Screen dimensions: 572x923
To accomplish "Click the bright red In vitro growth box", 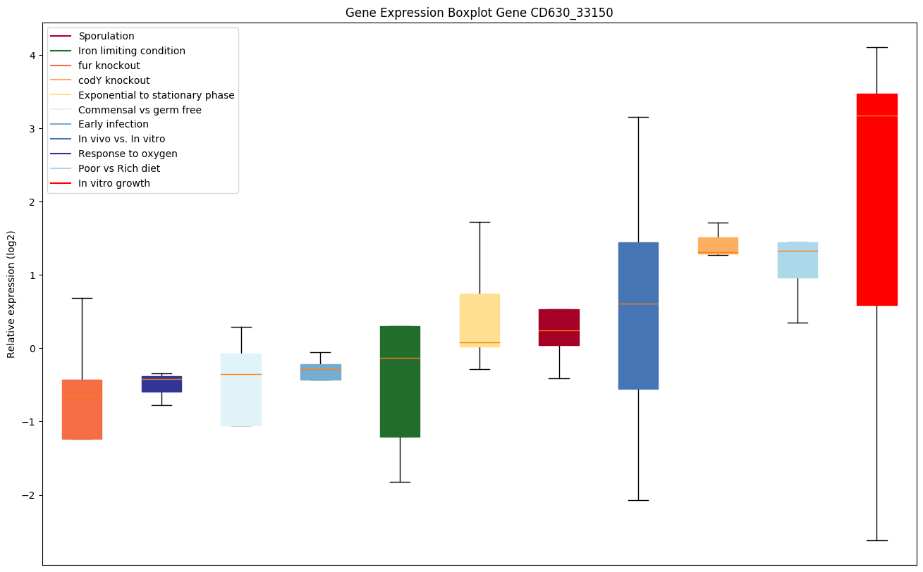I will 876,199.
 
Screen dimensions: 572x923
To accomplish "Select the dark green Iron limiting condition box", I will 400,381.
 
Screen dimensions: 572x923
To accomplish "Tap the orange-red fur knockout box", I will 82,409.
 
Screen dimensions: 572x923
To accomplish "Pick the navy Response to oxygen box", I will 161,384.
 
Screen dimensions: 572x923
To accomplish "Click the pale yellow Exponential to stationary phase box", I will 479,320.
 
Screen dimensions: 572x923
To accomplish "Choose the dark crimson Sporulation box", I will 559,327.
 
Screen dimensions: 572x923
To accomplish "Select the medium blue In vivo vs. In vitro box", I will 638,316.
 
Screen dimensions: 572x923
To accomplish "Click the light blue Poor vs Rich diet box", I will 797,260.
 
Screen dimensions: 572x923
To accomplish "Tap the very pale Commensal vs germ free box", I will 241,390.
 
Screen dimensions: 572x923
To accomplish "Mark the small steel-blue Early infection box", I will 320,372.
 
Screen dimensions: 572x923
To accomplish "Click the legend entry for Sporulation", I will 106,36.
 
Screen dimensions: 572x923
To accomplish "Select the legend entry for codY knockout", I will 114,80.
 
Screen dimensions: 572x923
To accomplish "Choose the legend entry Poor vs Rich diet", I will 119,168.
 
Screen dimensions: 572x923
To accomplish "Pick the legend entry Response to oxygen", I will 128,154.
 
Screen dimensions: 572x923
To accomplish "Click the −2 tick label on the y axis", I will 30,495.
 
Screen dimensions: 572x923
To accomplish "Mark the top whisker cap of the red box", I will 876,47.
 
